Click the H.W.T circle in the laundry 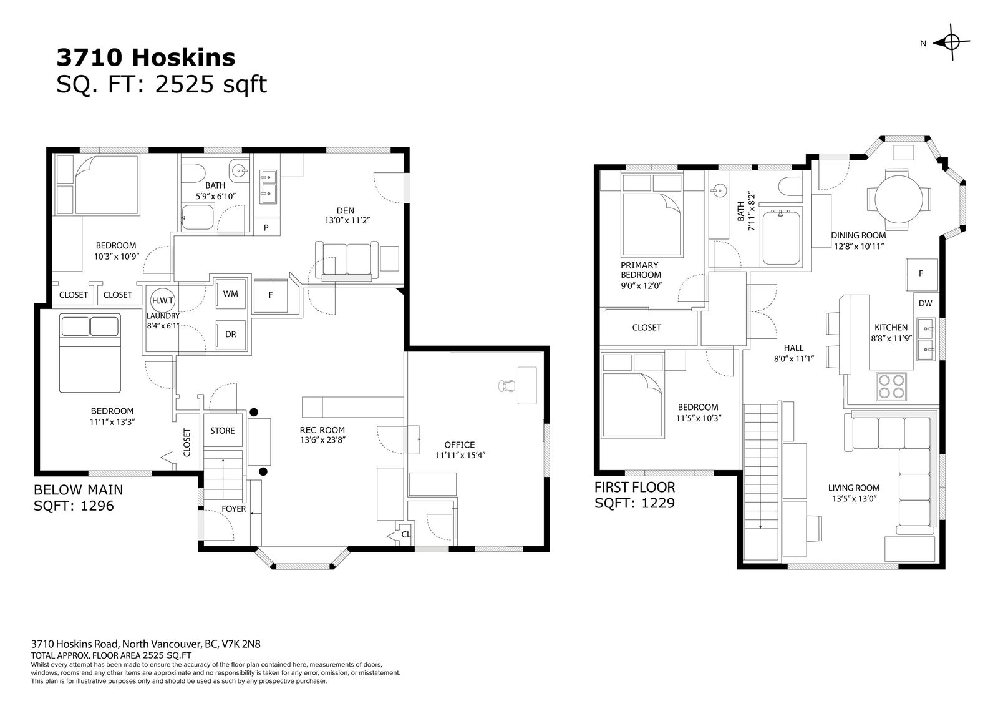click(163, 300)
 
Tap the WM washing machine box click(230, 293)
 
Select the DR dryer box click(230, 335)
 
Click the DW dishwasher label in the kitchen click(925, 303)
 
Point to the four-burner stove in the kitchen click(891, 386)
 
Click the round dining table click(899, 199)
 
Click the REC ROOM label click(322, 430)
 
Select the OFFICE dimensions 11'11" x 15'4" click(460, 455)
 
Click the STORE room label click(222, 431)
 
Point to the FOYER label click(233, 509)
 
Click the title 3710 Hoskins click(146, 57)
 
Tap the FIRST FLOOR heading click(634, 487)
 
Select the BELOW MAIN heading click(79, 489)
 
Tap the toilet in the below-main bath click(193, 174)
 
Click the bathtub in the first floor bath click(781, 237)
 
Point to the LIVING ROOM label click(854, 488)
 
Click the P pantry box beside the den click(266, 227)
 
